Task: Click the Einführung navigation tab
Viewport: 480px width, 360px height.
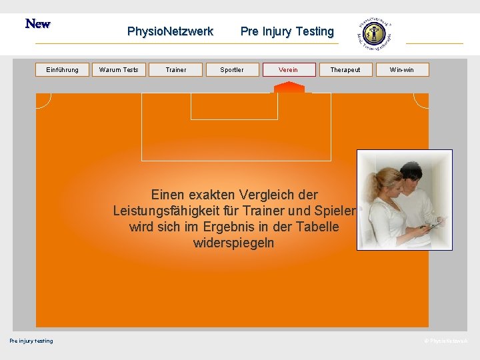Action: click(x=62, y=70)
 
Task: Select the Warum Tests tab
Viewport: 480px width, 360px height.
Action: click(x=119, y=70)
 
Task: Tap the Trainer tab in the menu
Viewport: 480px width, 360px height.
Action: click(x=176, y=70)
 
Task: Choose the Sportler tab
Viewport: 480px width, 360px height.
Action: click(x=232, y=70)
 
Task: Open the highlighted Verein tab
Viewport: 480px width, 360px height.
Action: click(x=289, y=70)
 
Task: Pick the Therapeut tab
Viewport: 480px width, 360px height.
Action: click(x=345, y=70)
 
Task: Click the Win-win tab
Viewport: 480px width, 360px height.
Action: click(x=402, y=70)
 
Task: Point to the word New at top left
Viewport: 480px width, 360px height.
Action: click(x=38, y=24)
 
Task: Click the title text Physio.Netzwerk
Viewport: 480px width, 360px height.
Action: click(x=170, y=31)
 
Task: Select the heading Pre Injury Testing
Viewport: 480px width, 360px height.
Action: click(x=287, y=31)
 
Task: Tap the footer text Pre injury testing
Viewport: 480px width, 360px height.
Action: click(x=31, y=341)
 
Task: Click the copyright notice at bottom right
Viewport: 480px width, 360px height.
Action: click(x=446, y=341)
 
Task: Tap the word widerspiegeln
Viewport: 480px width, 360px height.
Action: click(x=233, y=243)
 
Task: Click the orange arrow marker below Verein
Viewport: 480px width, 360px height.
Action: click(x=289, y=87)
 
